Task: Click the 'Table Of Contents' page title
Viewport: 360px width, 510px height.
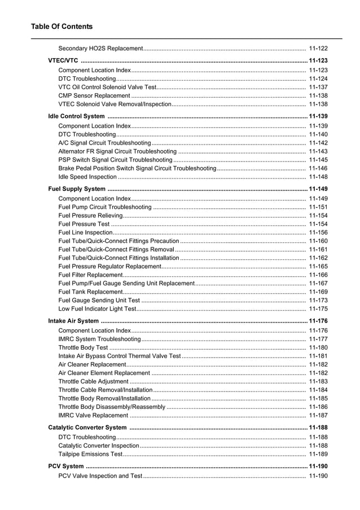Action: [x=62, y=27]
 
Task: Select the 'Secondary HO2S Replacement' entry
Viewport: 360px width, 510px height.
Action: [x=100, y=49]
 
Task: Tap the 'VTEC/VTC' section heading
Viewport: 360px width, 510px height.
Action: [x=63, y=61]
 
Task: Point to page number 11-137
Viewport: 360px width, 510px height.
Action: [x=318, y=88]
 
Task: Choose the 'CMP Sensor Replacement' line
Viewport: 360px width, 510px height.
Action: [x=94, y=96]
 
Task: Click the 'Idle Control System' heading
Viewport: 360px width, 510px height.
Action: [x=76, y=116]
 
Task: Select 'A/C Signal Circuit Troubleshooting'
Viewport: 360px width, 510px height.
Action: [x=104, y=143]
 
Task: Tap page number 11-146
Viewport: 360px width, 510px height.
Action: [x=318, y=168]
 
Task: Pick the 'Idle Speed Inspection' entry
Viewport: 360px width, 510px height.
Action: [x=87, y=177]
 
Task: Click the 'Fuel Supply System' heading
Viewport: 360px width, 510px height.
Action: [x=77, y=189]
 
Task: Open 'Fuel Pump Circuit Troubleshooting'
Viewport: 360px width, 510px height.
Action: [x=105, y=207]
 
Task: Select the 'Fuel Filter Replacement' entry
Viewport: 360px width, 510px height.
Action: [x=90, y=275]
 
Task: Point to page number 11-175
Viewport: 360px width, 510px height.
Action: [x=318, y=309]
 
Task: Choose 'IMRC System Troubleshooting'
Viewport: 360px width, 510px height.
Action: [x=99, y=339]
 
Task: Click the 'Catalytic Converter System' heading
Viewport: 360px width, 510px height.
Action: [x=87, y=428]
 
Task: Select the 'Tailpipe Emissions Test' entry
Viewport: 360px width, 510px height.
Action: [x=90, y=454]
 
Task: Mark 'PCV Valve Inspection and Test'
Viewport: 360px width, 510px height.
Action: [x=100, y=476]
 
